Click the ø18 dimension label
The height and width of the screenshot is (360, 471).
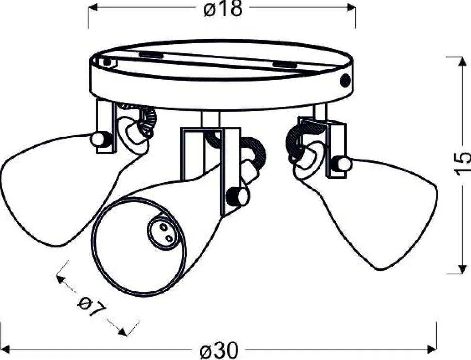click(x=222, y=8)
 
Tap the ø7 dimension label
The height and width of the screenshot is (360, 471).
click(x=92, y=307)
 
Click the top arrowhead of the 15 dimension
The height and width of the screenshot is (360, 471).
click(x=461, y=62)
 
